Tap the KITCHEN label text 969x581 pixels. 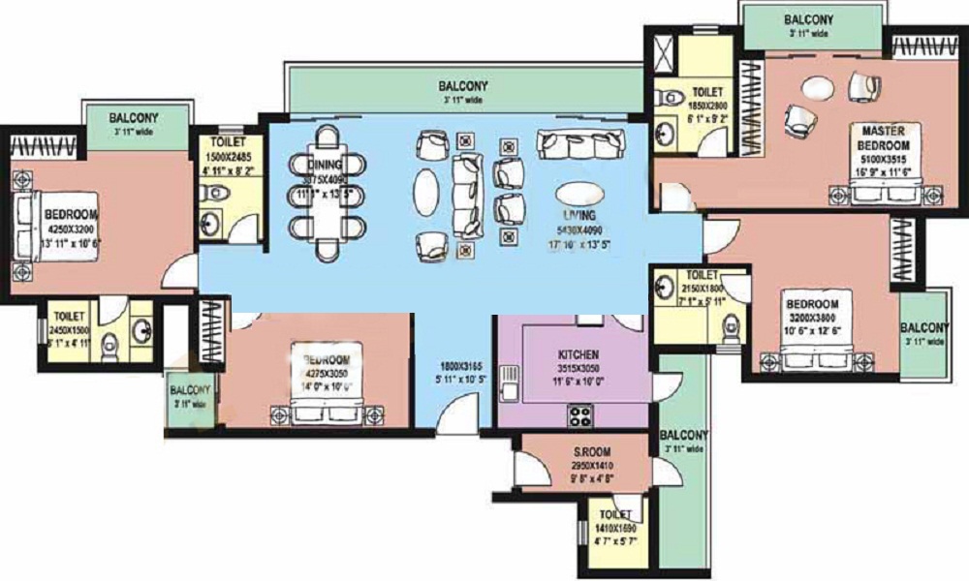point(578,355)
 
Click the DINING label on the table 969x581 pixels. point(325,166)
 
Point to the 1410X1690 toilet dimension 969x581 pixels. point(615,529)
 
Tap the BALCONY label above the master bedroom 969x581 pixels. point(808,19)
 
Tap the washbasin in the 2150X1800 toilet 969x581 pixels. point(667,288)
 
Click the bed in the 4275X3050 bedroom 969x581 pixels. point(327,397)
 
